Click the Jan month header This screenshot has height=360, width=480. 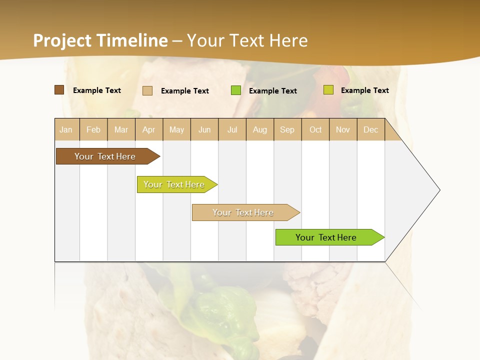pyautogui.click(x=66, y=129)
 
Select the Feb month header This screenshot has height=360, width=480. pyautogui.click(x=93, y=129)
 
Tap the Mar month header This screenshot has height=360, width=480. pyautogui.click(x=121, y=129)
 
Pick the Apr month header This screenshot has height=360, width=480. pyautogui.click(x=149, y=129)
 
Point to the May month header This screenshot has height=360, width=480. pyautogui.click(x=176, y=129)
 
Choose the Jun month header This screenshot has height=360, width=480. pyautogui.click(x=204, y=129)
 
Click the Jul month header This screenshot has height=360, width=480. pyautogui.click(x=232, y=129)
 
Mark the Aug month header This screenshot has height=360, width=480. pyautogui.click(x=260, y=129)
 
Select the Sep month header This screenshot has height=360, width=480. pyautogui.click(x=287, y=129)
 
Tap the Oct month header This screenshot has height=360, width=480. pyautogui.click(x=315, y=129)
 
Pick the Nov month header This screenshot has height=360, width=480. pyautogui.click(x=343, y=129)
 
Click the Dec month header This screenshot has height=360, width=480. pyautogui.click(x=371, y=129)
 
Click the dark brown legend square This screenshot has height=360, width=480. pyautogui.click(x=59, y=90)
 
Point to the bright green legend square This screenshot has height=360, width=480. pyautogui.click(x=236, y=90)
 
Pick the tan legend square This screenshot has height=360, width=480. pyautogui.click(x=147, y=90)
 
